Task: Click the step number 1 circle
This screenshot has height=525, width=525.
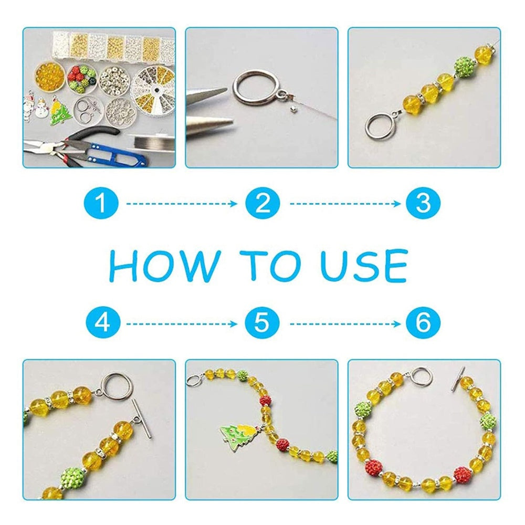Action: click(101, 203)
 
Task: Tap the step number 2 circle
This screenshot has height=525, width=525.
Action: click(262, 203)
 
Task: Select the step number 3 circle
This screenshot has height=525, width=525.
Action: click(423, 203)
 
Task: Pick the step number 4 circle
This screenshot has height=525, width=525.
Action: click(102, 323)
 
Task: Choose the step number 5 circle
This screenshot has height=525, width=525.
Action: click(262, 323)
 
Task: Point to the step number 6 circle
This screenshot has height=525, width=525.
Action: click(423, 323)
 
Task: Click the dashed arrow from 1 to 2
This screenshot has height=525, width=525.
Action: click(182, 204)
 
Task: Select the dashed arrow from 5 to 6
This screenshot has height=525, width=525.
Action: click(345, 324)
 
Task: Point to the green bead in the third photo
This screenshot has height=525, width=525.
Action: click(465, 67)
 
